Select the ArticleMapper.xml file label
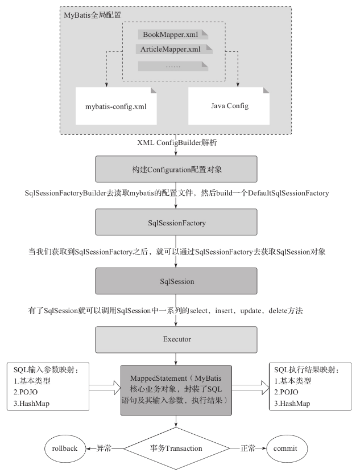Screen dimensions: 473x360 [x=169, y=50]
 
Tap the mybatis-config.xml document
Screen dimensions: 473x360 [x=116, y=106]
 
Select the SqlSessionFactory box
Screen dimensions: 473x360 [x=176, y=223]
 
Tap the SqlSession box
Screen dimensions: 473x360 [x=176, y=281]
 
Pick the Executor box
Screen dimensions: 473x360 [x=176, y=339]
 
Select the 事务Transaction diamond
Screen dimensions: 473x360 [x=176, y=449]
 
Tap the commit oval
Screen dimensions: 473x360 [x=289, y=448]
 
